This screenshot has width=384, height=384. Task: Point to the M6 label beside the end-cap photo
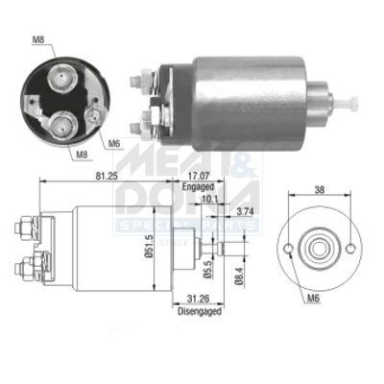(113, 143)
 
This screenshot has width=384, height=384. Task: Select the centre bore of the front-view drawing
(318, 246)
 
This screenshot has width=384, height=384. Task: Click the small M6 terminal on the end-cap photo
(93, 115)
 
